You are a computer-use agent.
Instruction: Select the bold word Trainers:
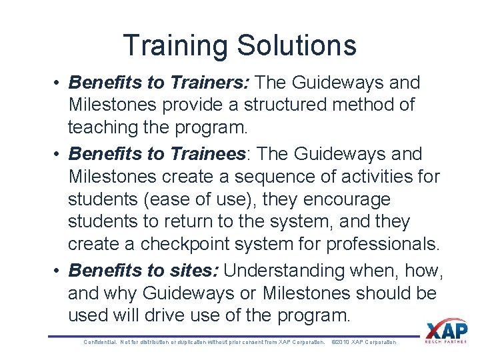[210, 83]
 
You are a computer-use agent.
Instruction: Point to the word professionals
[383, 244]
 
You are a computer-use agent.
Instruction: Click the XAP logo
[446, 331]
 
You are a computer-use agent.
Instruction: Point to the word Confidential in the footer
[99, 342]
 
